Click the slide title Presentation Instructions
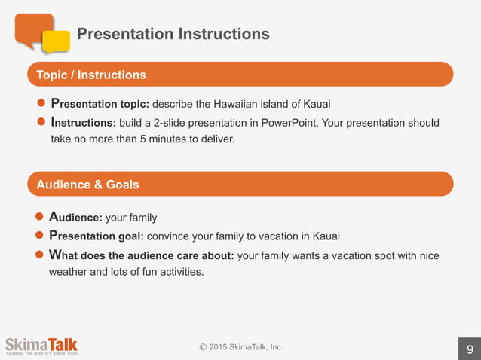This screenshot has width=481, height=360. tap(173, 34)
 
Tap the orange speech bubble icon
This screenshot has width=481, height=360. tap(33, 29)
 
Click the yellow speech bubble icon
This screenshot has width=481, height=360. tap(56, 41)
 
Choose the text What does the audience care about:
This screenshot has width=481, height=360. tap(142, 255)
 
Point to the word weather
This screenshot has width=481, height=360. tap(68, 272)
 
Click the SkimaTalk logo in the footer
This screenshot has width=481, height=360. tap(41, 345)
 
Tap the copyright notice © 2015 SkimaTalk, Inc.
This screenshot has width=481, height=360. tap(241, 347)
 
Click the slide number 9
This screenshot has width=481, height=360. tap(470, 349)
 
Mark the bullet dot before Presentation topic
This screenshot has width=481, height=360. tap(42, 104)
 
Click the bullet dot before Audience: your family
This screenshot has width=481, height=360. tap(42, 218)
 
